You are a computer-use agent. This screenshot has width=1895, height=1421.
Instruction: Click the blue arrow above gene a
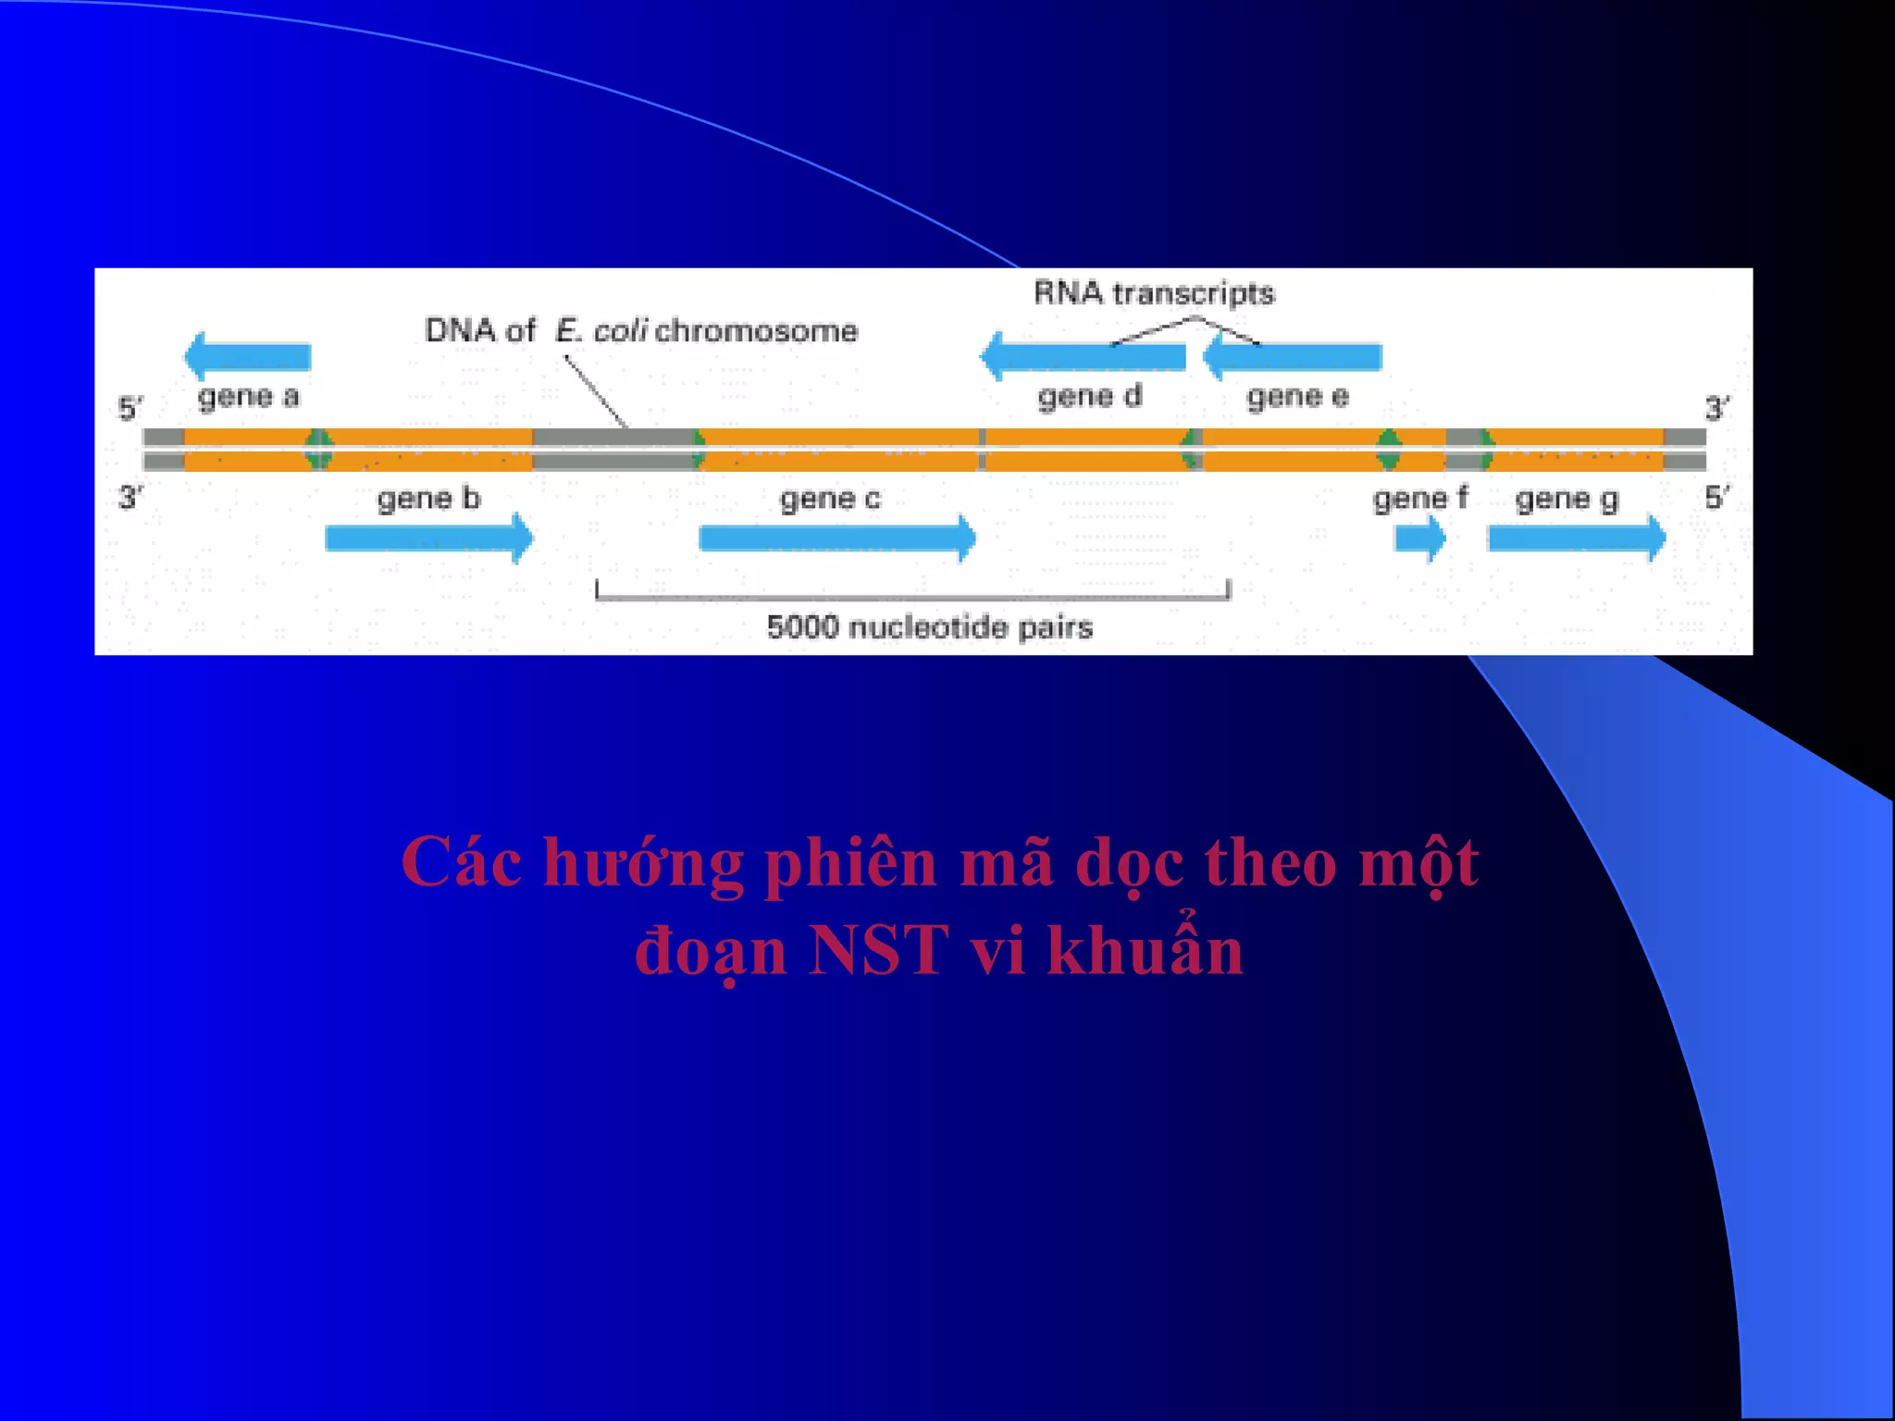point(247,356)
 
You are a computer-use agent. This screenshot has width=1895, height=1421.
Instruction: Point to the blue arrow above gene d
point(1083,356)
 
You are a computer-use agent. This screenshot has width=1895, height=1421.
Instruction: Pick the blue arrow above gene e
point(1293,356)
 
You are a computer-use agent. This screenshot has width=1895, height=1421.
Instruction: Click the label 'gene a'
point(248,397)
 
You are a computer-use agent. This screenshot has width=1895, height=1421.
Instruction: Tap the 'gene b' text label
point(428,499)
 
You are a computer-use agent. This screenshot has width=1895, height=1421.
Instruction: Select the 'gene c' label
point(830,500)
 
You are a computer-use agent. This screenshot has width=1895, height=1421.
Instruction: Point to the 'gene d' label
point(1089,396)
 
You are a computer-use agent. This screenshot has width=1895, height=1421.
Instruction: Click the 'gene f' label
point(1419,499)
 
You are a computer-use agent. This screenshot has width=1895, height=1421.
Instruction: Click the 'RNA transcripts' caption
point(1154,293)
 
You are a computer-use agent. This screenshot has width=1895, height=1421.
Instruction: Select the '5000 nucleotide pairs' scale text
point(929,627)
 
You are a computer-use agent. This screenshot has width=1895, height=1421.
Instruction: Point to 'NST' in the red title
point(878,950)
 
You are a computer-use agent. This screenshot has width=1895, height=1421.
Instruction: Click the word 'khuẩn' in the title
point(1145,950)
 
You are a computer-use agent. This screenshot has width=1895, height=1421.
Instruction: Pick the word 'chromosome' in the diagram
point(756,330)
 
